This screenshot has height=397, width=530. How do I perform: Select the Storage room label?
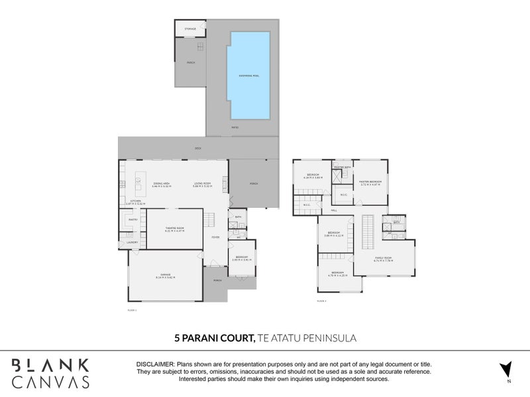(190, 30)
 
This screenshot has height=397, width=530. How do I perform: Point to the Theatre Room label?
(174, 229)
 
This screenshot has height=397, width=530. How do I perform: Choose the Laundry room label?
(131, 243)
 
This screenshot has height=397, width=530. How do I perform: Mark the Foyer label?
(215, 237)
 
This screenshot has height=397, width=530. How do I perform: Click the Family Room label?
(384, 259)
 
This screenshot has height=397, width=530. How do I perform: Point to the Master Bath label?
(342, 168)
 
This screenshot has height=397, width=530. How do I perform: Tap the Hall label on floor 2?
(334, 210)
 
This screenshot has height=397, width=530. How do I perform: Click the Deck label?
(197, 148)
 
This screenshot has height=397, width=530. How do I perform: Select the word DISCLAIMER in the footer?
(155, 365)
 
